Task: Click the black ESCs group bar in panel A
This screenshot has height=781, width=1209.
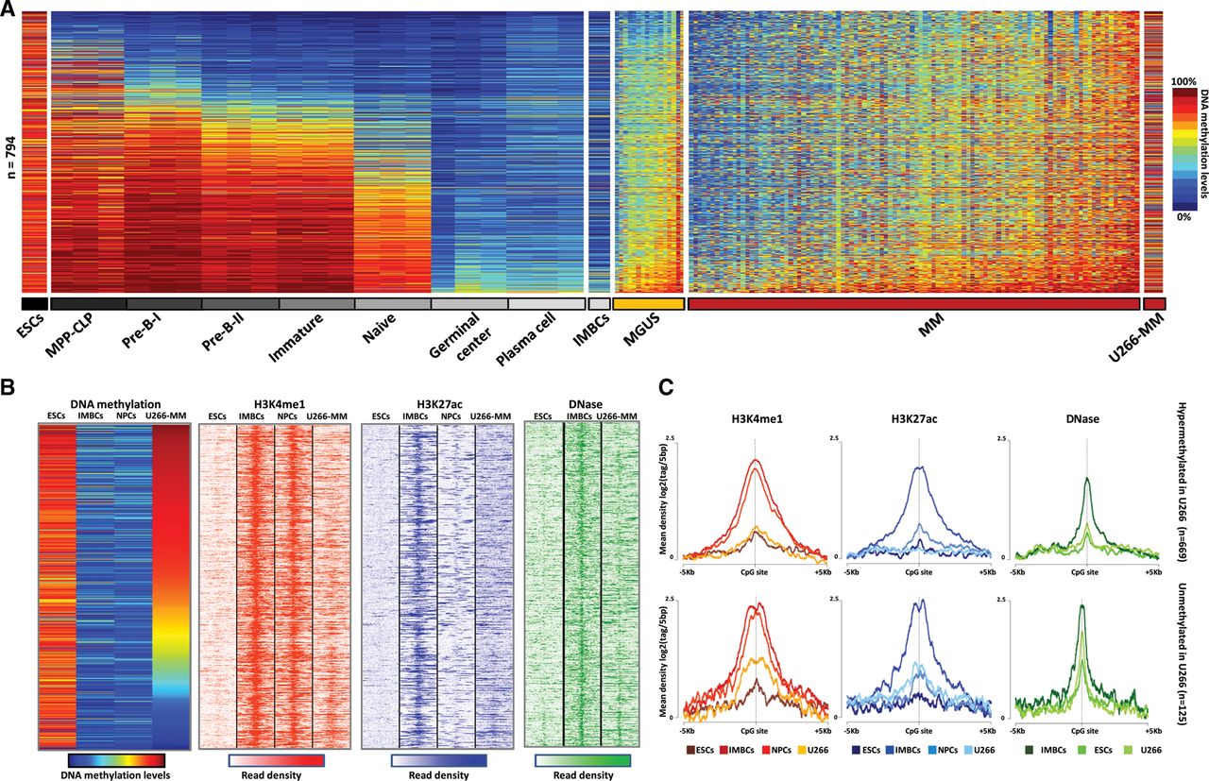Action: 33,304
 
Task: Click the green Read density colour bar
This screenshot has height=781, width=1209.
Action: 575,760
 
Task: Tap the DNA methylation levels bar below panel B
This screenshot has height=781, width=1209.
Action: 118,760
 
